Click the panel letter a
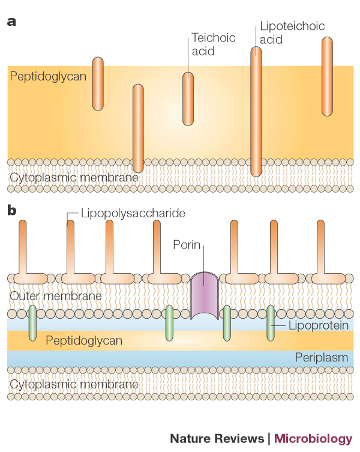point(11,22)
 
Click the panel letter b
point(12,211)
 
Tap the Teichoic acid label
point(205,44)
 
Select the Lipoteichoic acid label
point(284,33)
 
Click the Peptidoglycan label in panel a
point(48,76)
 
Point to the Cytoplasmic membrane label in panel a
point(74,178)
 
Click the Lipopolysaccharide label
point(133,213)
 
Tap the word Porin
point(187,245)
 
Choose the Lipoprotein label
point(310,325)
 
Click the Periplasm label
point(321,358)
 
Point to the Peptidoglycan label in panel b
point(84,340)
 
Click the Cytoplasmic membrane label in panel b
point(74,384)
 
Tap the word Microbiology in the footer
point(313,438)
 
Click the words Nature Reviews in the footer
point(217,438)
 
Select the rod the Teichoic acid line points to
point(188,99)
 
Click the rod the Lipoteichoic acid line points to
point(256,112)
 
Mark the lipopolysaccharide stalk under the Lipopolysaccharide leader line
point(71,246)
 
